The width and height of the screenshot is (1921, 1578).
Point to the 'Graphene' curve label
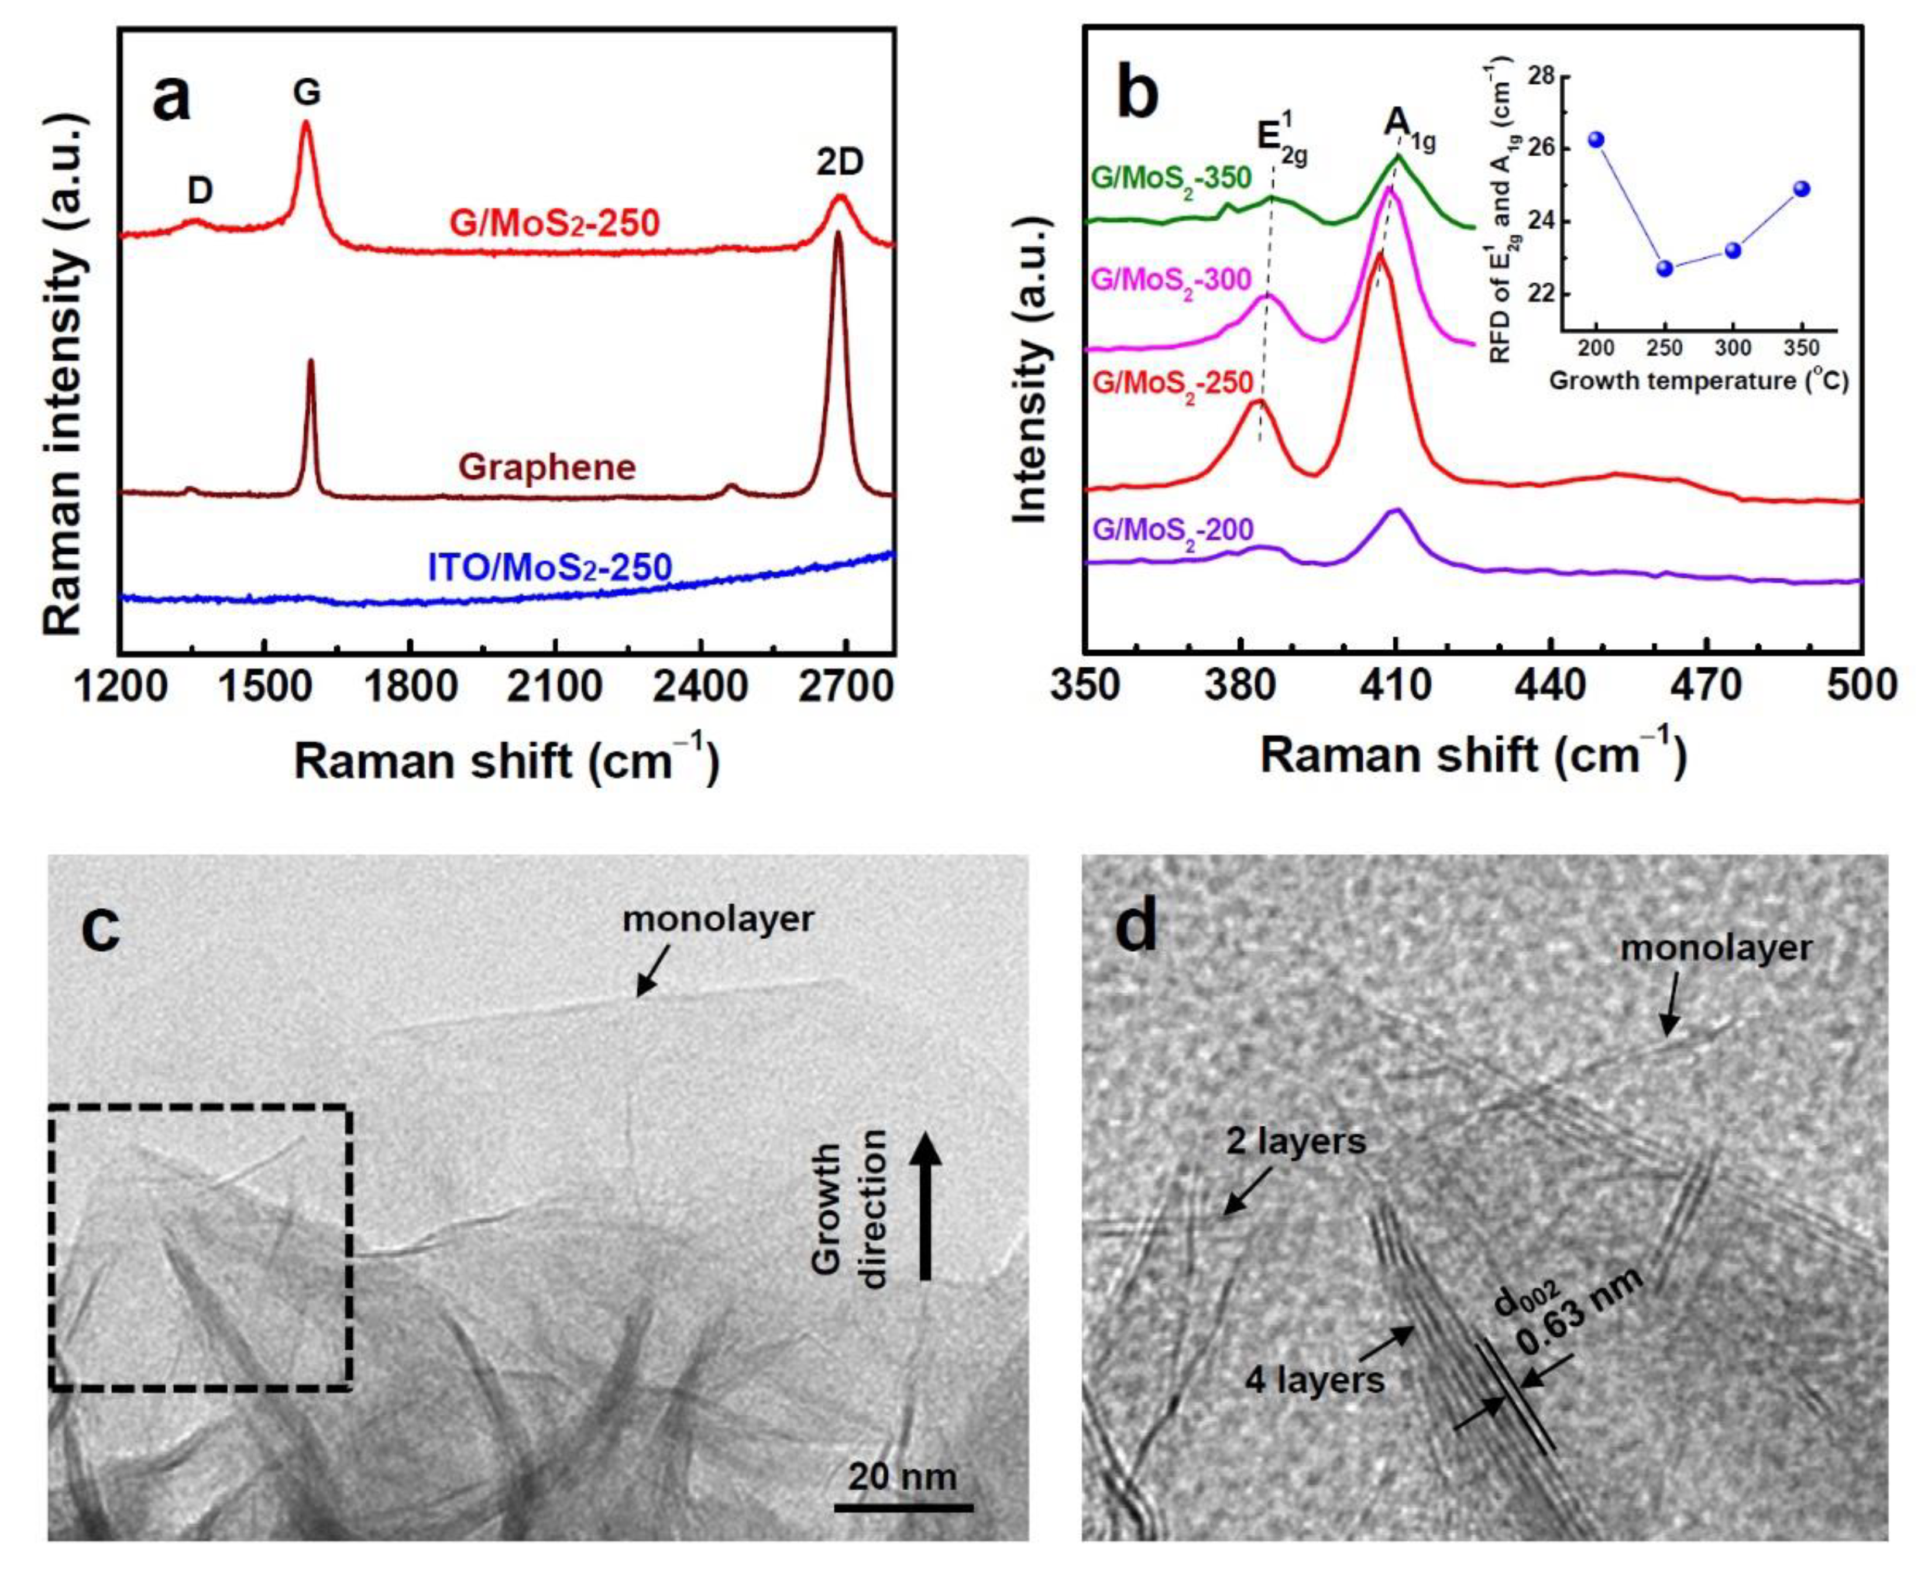click(x=547, y=467)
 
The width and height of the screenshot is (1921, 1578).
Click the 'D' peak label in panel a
click(x=200, y=191)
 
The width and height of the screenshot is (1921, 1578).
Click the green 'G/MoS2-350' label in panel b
click(x=1171, y=177)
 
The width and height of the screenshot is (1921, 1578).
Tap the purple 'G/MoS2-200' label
click(x=1172, y=529)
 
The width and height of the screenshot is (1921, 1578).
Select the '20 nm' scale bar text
click(x=902, y=1476)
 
